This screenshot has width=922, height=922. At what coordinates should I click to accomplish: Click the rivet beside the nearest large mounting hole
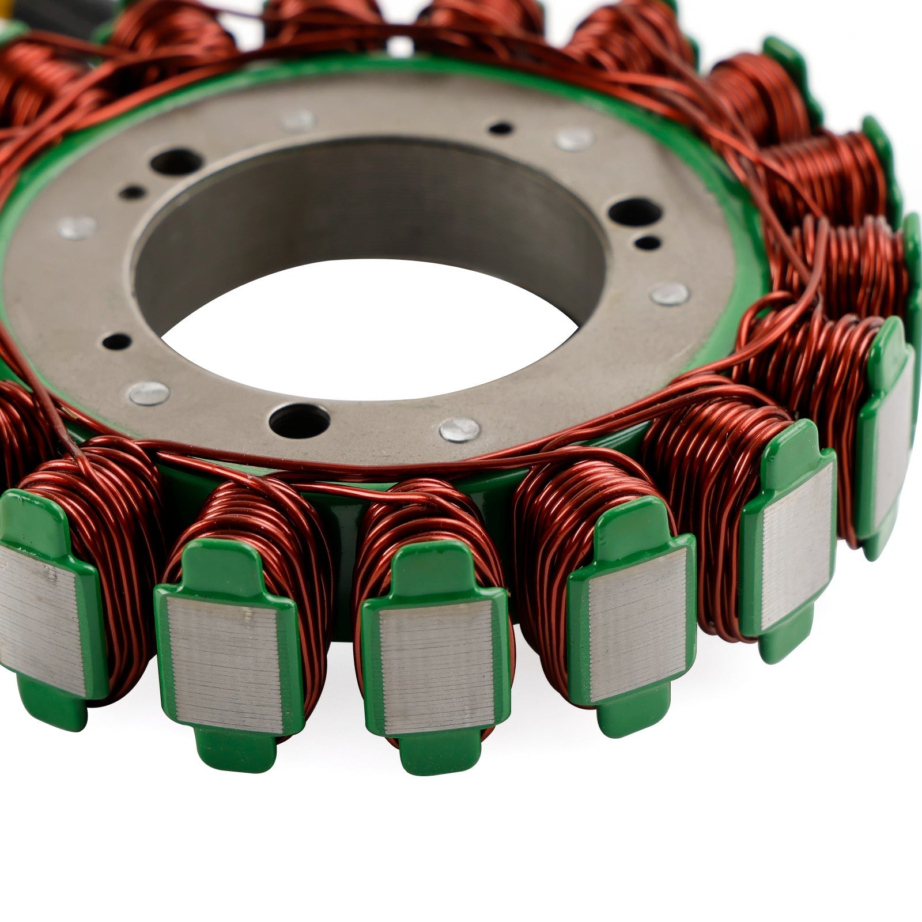(x=459, y=429)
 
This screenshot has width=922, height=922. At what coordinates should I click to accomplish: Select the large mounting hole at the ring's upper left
(x=175, y=163)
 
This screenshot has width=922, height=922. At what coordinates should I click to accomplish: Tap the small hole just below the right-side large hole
(x=648, y=243)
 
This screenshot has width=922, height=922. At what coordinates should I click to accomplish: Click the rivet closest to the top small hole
(x=573, y=139)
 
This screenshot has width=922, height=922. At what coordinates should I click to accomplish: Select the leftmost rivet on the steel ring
(x=77, y=228)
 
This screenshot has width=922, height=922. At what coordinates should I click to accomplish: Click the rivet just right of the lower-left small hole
(x=149, y=394)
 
